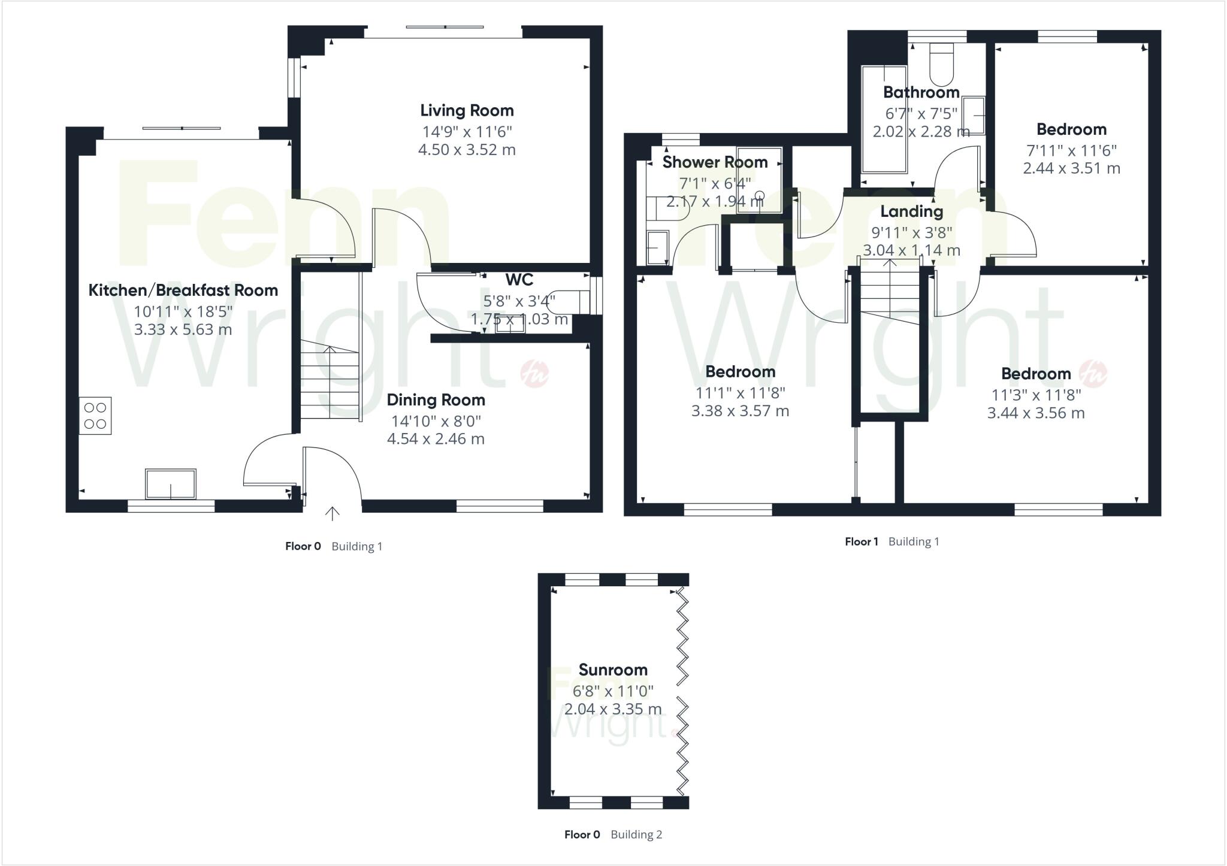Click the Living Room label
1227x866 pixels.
(467, 110)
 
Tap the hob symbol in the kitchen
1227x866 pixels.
(95, 416)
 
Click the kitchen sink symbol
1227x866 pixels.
(171, 484)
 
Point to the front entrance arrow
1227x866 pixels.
(333, 513)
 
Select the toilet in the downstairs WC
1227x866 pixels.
(568, 302)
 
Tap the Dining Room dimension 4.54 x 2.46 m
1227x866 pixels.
(436, 439)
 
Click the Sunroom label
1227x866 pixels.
(613, 670)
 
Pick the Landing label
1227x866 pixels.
(911, 211)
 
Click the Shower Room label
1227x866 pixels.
(715, 162)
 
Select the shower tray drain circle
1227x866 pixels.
(760, 195)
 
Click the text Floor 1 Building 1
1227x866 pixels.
(891, 541)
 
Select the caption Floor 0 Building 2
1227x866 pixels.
(613, 834)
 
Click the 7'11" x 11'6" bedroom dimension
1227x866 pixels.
(1071, 150)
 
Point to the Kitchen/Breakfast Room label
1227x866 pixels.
(183, 290)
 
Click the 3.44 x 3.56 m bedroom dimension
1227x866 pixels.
(1036, 413)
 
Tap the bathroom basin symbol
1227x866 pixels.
(973, 116)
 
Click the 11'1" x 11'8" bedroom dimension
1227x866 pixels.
(740, 393)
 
